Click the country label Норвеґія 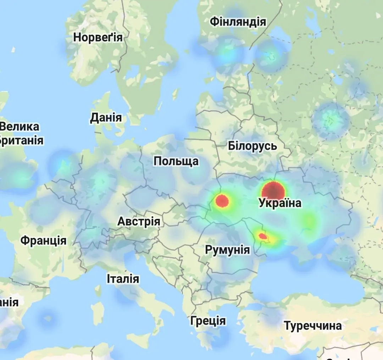pos(98,37)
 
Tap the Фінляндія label pos(238,22)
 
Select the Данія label pos(106,118)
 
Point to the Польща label pos(176,161)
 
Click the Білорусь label pos(252,146)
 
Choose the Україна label pos(280,203)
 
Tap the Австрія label pos(139,222)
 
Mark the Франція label pos(43,240)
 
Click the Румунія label pos(227,250)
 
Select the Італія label pos(123,279)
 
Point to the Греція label pos(208,321)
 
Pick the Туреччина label pos(313,326)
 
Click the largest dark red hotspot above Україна pos(273,191)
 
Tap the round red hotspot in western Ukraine pos(222,201)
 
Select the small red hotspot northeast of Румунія pos(263,236)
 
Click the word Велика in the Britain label pos(20,127)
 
